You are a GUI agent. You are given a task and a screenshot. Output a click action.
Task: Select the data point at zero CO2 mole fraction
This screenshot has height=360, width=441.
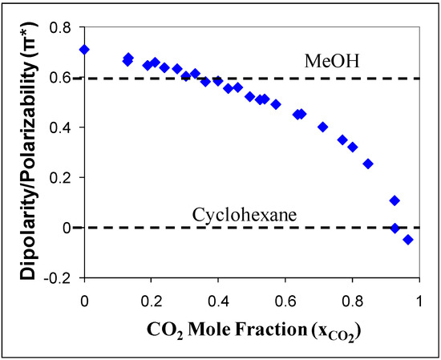(84, 50)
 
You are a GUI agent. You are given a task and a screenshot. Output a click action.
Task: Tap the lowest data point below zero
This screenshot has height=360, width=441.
(408, 239)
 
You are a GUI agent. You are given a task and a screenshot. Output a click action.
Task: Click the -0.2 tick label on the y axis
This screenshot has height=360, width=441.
(63, 277)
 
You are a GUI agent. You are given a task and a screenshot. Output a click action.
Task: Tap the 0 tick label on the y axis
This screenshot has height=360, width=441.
(72, 228)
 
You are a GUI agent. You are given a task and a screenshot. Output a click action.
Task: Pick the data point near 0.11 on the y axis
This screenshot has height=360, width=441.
(394, 200)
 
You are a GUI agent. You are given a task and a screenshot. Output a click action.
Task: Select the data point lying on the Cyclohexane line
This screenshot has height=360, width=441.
(394, 228)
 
